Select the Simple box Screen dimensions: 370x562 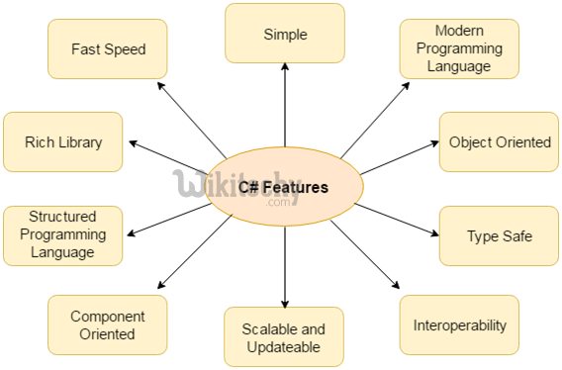285,34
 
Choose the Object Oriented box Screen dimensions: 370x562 499,141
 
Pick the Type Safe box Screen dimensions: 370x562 499,235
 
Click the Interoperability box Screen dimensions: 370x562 458,324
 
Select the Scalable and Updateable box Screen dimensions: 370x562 285,336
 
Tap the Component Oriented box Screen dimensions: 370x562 107,324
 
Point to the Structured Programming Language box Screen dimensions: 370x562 62,235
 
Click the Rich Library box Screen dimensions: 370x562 62,141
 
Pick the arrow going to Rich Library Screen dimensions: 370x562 168,156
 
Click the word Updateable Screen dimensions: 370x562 285,346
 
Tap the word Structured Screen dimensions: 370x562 62,218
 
